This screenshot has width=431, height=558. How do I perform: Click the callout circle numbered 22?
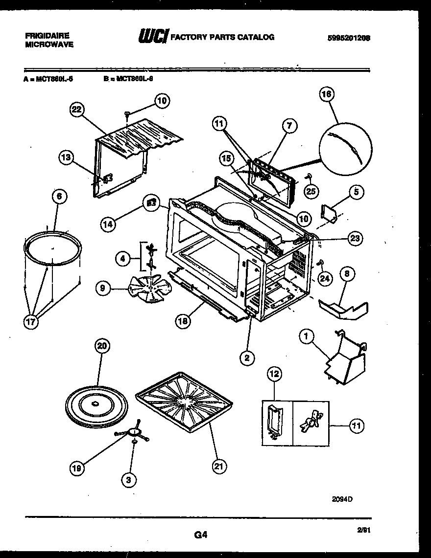(75, 110)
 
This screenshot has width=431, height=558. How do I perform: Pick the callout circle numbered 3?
(129, 481)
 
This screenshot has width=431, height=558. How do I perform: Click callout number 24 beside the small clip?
(324, 278)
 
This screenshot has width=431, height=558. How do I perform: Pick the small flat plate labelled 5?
(329, 213)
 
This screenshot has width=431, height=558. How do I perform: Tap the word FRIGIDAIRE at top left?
(47, 36)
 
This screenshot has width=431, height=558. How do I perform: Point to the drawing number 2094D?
(342, 499)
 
